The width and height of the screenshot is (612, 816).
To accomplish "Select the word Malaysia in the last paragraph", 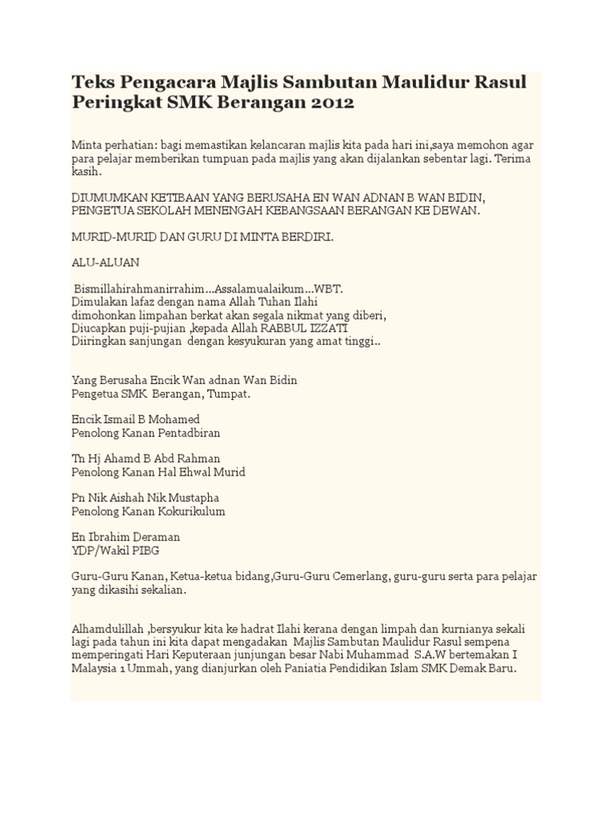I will pyautogui.click(x=97, y=669).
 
